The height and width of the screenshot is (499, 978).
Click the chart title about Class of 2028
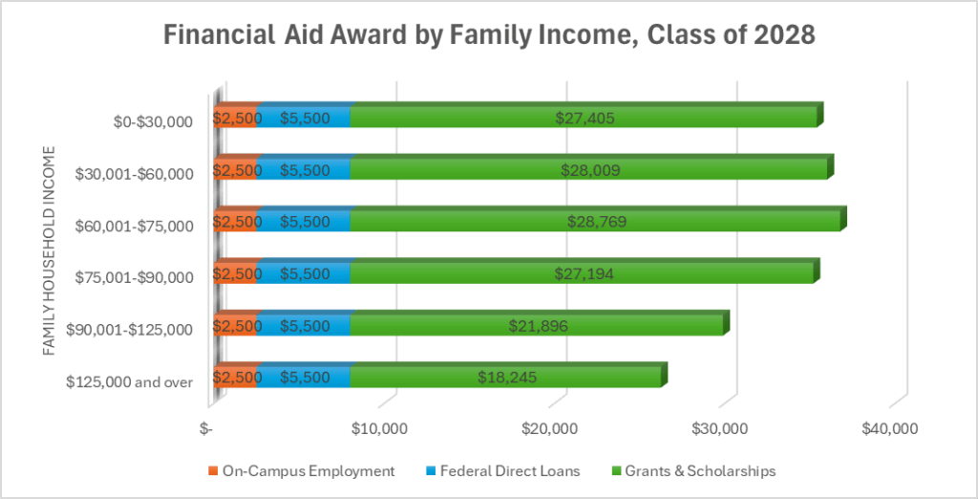tap(489, 37)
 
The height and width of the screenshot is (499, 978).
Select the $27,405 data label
tap(585, 119)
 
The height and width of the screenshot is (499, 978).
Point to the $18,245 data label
tap(507, 377)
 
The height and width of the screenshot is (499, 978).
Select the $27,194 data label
tap(585, 273)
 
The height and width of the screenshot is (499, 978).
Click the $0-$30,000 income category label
tap(152, 121)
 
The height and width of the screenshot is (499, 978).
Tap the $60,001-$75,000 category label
tap(134, 226)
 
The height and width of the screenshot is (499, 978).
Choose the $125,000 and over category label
tap(130, 381)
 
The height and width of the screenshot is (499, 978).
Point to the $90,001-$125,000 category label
tap(130, 330)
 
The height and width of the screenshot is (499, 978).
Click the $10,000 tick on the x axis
tap(380, 428)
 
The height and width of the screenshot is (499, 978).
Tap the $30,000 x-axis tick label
tap(719, 428)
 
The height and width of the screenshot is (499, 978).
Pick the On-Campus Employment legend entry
tap(301, 470)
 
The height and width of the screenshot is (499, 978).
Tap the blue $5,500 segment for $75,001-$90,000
tap(305, 273)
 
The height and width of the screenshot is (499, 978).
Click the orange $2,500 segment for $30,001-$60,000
tap(236, 170)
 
